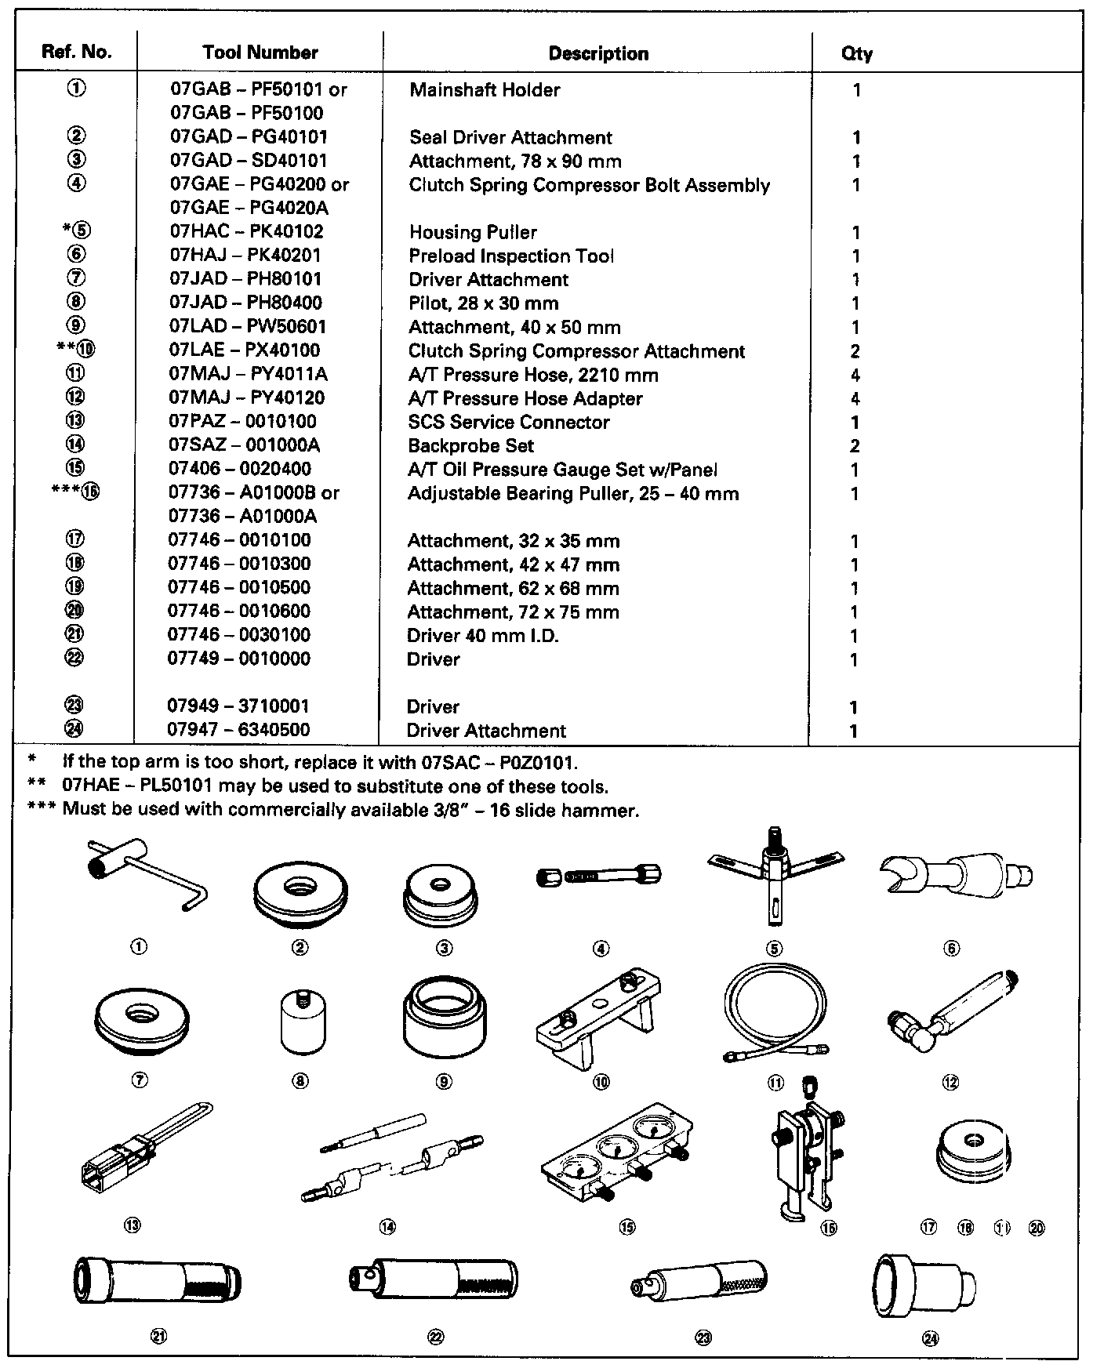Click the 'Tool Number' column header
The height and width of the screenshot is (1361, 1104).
point(260,53)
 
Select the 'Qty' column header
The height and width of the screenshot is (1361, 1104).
point(857,53)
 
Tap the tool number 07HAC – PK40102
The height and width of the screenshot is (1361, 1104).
point(246,232)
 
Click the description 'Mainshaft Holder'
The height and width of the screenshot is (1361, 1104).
point(485,90)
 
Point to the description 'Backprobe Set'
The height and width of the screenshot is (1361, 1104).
point(470,446)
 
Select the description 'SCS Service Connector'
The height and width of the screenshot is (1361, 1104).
point(508,423)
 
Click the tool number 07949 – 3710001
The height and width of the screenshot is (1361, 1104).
point(238,706)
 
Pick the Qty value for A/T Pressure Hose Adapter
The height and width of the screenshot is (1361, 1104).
point(855,399)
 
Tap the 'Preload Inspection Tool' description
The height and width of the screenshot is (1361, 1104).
point(511,256)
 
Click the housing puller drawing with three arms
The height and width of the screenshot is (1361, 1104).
point(775,873)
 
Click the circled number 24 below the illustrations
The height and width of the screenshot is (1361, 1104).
point(931,1339)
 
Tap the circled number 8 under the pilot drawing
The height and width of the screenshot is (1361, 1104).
point(300,1081)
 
